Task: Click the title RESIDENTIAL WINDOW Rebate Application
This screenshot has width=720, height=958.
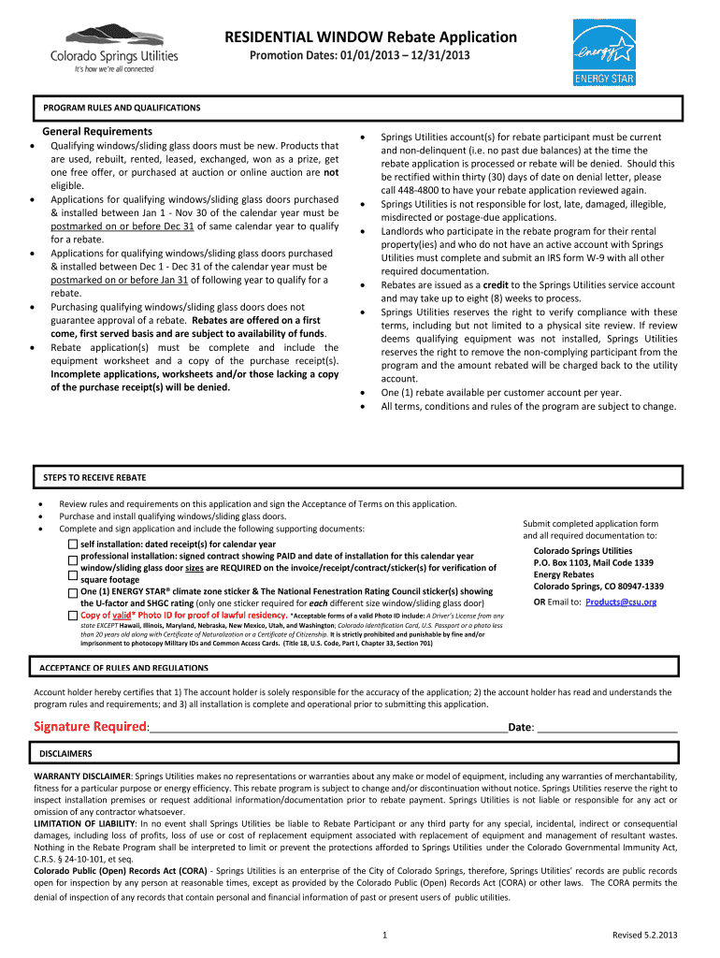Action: [370, 37]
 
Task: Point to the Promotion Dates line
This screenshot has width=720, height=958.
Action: [359, 57]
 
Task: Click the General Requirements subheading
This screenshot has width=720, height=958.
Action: [97, 132]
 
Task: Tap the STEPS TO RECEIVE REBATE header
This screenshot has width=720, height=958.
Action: [94, 477]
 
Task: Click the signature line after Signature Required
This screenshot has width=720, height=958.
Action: [327, 729]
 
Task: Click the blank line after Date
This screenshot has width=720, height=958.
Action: [608, 729]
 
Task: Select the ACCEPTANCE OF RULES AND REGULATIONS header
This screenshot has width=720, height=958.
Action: [123, 668]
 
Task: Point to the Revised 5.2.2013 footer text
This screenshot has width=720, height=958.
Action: [645, 935]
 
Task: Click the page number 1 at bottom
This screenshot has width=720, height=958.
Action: [386, 935]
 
